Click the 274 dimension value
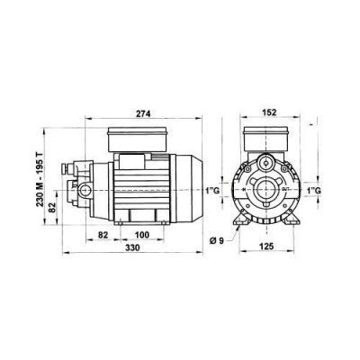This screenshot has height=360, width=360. coord(141,113)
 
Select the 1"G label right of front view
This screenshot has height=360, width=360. coord(314,191)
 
